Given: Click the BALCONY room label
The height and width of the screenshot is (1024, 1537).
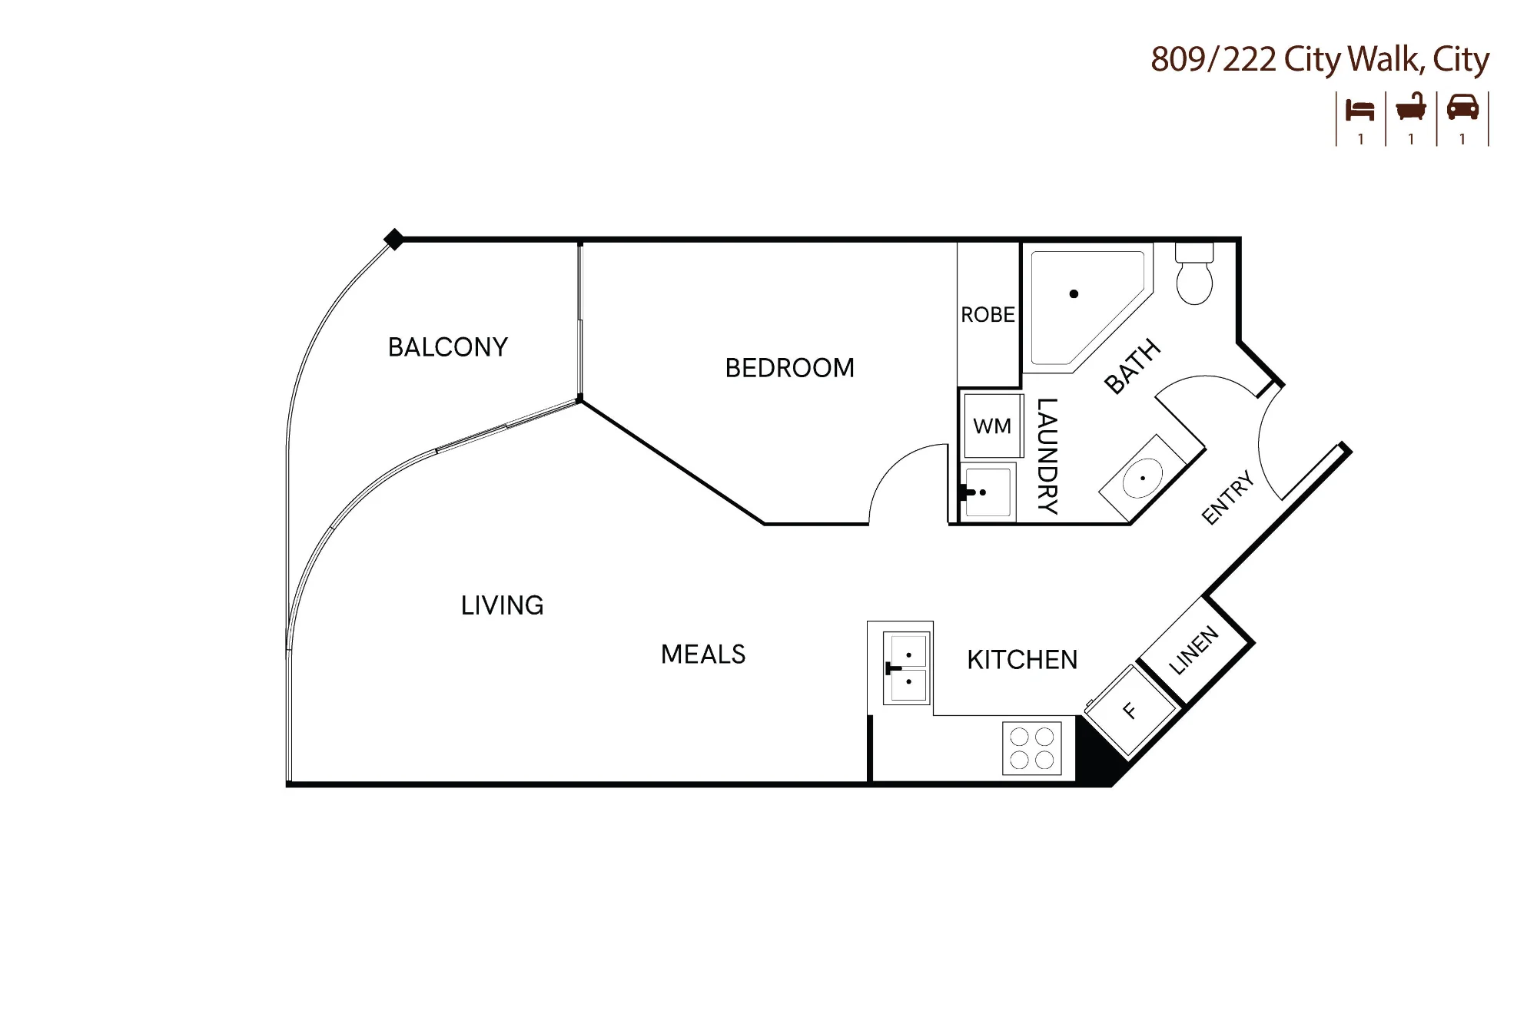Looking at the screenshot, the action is (448, 347).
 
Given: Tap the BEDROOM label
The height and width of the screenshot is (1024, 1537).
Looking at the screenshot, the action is (790, 368).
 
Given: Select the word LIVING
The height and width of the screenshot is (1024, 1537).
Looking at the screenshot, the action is (503, 605).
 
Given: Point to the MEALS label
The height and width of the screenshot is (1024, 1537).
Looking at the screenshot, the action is (703, 654).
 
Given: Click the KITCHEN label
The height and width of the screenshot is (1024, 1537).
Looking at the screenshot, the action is (1022, 660).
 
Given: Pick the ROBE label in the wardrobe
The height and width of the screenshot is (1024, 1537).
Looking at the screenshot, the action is (988, 315).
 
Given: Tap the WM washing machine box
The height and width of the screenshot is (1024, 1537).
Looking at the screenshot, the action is (992, 426).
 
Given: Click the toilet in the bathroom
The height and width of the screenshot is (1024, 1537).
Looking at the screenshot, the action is (1194, 274).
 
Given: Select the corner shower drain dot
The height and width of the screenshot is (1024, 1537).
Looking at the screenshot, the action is (1074, 293).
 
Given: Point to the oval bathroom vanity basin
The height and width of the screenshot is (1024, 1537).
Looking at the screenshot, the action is (1143, 478).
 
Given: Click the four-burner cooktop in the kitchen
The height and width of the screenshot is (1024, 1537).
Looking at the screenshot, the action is (1032, 748).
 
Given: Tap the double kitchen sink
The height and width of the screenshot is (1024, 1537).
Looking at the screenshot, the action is (907, 668).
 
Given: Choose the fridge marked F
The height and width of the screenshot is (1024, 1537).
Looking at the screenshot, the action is (1130, 711).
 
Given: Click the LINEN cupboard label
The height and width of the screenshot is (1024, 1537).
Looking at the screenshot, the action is (1193, 650).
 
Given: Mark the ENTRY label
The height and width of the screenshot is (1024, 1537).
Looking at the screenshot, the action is (1228, 499).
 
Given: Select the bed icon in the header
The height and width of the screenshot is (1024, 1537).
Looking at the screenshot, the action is (1359, 110).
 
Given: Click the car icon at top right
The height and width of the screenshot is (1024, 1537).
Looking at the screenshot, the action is (1462, 108).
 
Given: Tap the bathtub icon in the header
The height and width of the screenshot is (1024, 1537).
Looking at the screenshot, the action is (1411, 108).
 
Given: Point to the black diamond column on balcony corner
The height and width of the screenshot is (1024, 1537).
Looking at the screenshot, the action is (393, 240).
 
